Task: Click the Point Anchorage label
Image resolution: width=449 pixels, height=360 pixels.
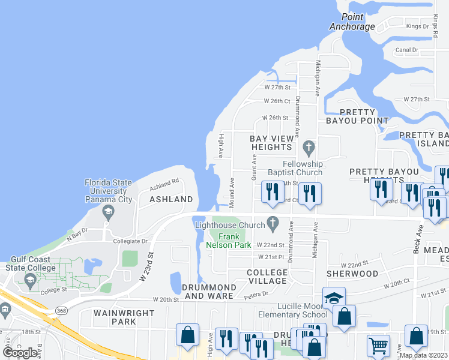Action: pyautogui.click(x=352, y=22)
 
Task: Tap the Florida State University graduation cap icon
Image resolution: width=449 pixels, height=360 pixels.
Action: pyautogui.click(x=108, y=211)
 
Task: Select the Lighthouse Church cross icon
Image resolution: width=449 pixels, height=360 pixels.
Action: pyautogui.click(x=273, y=224)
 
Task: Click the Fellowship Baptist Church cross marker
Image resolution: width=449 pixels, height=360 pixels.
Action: pyautogui.click(x=309, y=146)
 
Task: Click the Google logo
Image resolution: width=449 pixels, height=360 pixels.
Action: pyautogui.click(x=20, y=353)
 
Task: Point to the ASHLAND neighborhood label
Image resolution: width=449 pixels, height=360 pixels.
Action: pyautogui.click(x=171, y=199)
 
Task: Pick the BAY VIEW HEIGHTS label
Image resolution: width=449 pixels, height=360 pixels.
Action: pyautogui.click(x=272, y=143)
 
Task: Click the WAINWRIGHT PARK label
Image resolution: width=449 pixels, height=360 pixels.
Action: pyautogui.click(x=124, y=317)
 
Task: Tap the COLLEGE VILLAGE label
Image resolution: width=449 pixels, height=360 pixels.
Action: pyautogui.click(x=267, y=277)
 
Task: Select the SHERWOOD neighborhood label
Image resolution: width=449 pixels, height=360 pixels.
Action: pyautogui.click(x=352, y=274)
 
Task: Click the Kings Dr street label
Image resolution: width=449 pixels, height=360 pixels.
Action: pyautogui.click(x=417, y=26)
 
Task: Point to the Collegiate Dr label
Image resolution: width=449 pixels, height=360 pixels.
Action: pyautogui.click(x=130, y=241)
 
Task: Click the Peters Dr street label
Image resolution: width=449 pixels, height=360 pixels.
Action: pyautogui.click(x=256, y=295)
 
